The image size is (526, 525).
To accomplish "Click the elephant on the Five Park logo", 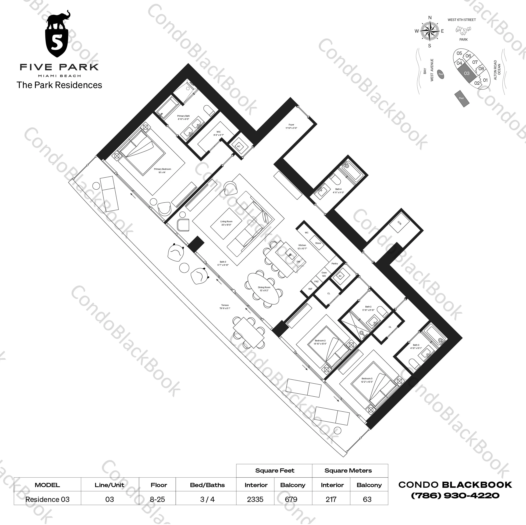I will (x=59, y=21).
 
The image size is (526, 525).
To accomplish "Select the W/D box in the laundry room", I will (x=399, y=224).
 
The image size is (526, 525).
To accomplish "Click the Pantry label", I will (x=335, y=263).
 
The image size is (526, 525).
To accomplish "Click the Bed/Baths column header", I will (x=207, y=485).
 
